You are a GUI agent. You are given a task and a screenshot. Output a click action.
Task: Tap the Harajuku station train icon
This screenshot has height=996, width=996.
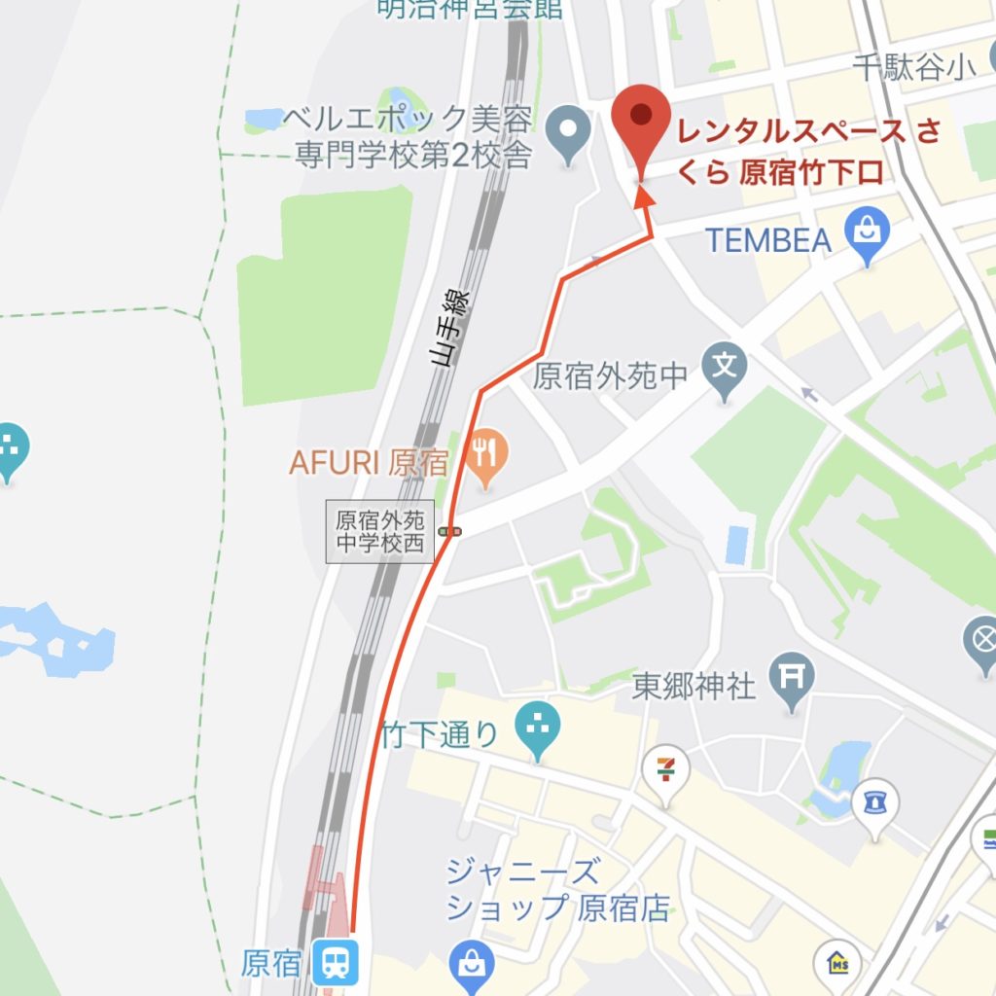tap(337, 963)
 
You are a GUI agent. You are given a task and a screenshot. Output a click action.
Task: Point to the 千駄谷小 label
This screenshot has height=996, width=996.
tap(913, 67)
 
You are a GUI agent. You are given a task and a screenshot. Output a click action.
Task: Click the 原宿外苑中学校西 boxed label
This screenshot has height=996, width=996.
tap(379, 532)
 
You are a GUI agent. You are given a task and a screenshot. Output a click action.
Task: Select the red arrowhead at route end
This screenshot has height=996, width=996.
tap(642, 197)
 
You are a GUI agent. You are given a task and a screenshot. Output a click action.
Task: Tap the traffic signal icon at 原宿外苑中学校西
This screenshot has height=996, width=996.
tap(449, 531)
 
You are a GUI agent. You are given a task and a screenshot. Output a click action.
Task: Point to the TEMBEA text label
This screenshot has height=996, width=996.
tap(768, 239)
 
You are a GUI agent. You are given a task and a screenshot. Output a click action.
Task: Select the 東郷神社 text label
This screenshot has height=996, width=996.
tap(694, 687)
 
